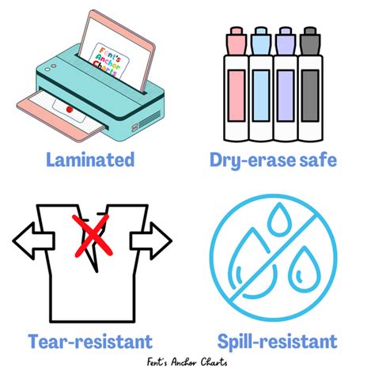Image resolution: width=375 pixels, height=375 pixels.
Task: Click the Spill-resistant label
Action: [275, 341]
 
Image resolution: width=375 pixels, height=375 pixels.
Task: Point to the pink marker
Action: [236, 95]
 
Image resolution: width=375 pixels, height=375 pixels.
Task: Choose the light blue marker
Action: [260, 95]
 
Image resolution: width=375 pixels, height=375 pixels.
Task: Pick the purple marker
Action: [286, 95]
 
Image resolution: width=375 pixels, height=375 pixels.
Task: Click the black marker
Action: [309, 95]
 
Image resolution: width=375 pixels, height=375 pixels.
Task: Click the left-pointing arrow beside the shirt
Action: [28, 239]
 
